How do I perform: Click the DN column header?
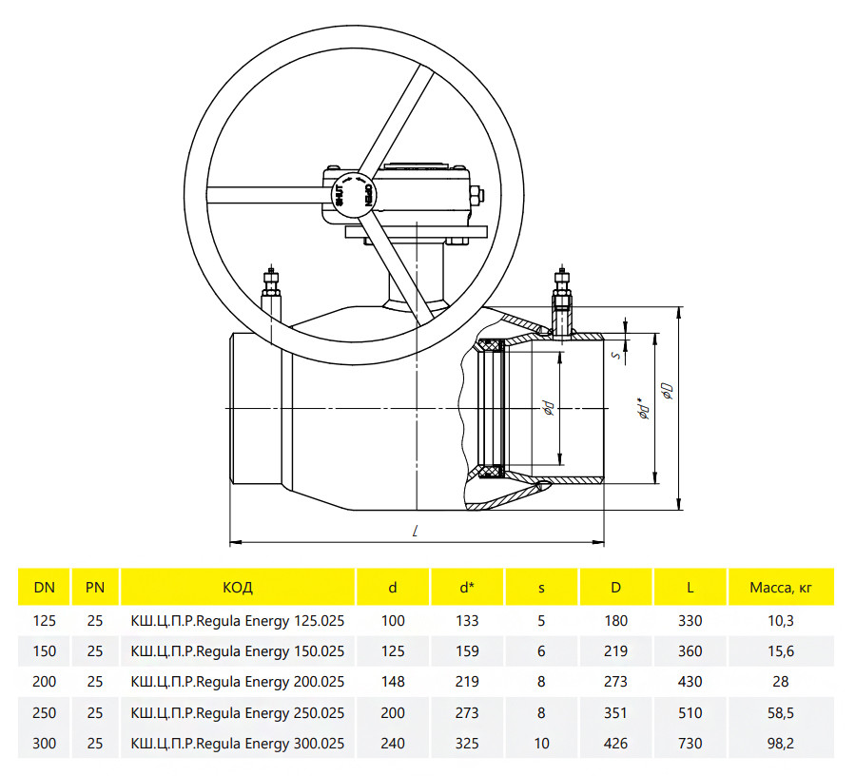[44, 588]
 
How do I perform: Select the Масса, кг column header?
[781, 588]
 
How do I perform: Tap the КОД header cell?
[238, 588]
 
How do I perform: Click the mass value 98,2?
[781, 744]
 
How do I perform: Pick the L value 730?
[691, 744]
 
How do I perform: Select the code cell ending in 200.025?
[238, 682]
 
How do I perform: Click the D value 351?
[615, 712]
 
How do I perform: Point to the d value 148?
[393, 682]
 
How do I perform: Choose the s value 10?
[541, 744]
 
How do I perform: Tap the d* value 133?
[467, 621]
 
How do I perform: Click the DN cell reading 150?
[44, 651]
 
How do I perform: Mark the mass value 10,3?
[781, 621]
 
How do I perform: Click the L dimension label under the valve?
[416, 531]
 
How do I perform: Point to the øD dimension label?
[667, 391]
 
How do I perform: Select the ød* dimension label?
[644, 408]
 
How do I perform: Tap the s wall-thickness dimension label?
[616, 356]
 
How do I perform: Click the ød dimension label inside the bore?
[549, 408]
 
